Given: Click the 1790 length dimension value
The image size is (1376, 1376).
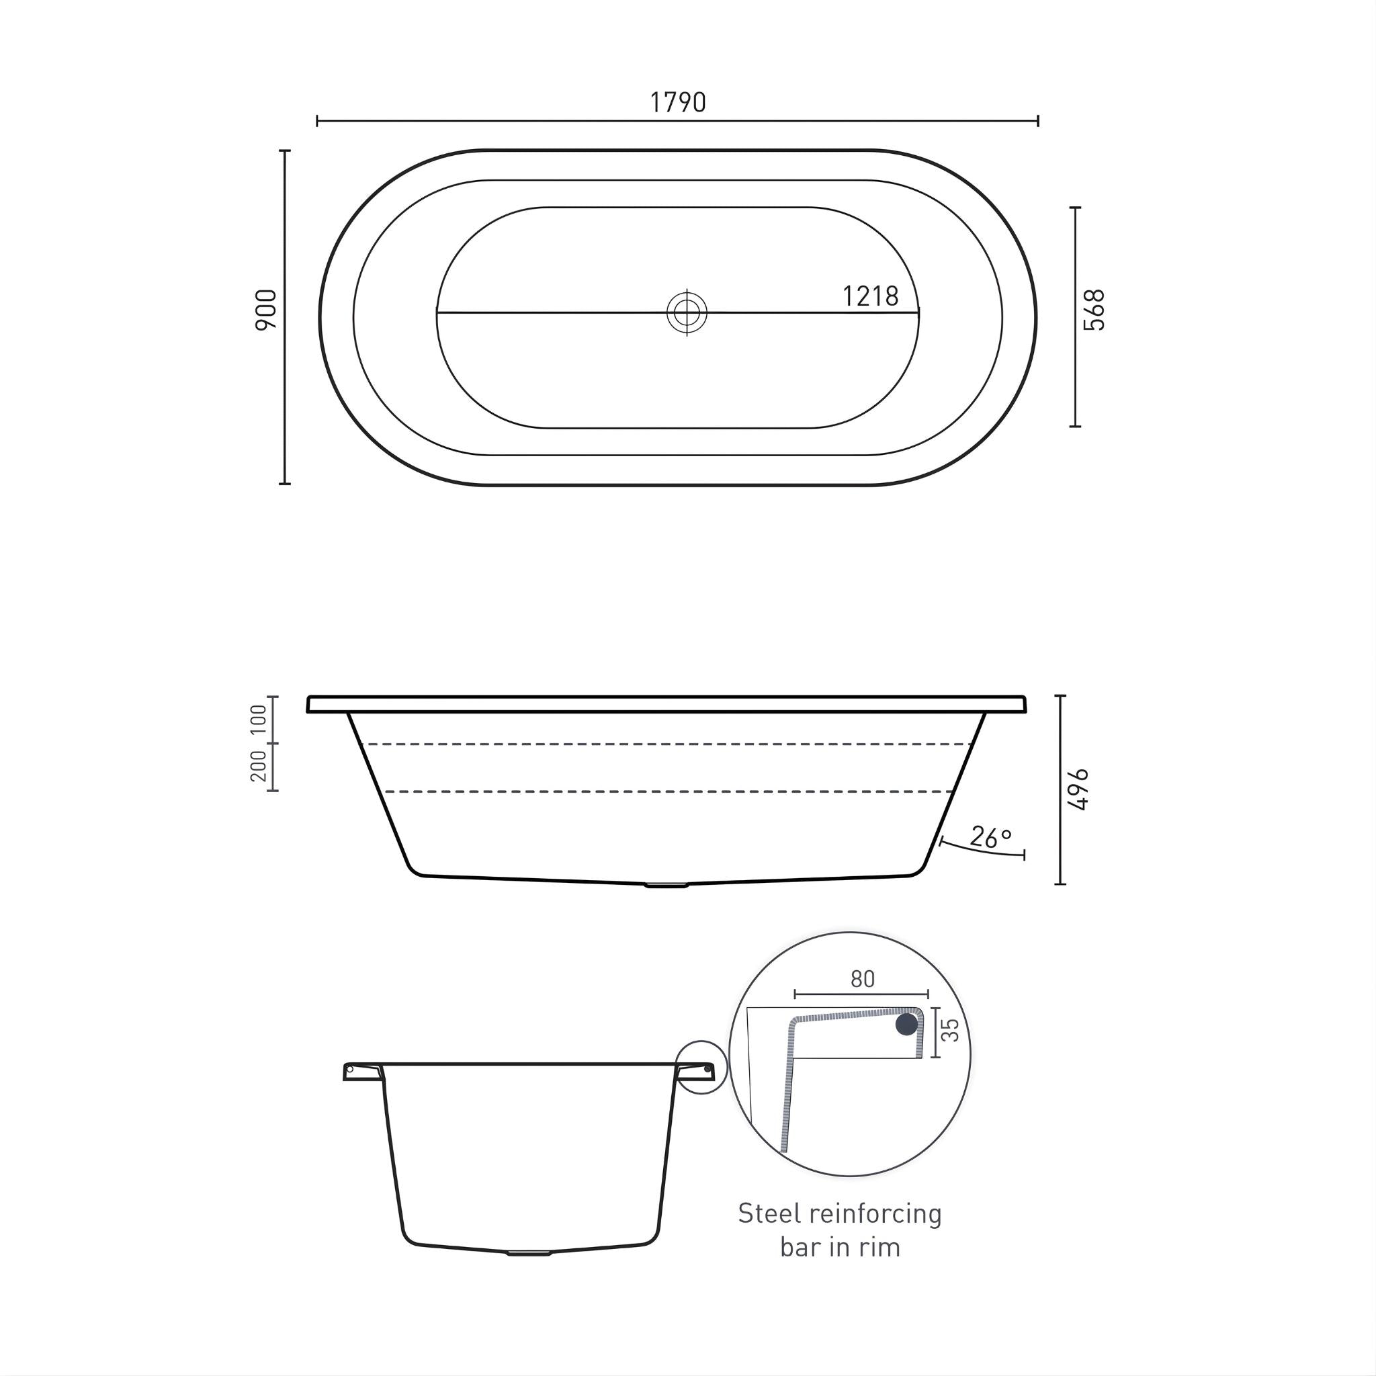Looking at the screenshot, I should (677, 103).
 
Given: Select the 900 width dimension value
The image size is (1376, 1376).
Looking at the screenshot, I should (265, 310).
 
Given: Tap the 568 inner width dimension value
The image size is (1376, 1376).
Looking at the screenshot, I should (1093, 310).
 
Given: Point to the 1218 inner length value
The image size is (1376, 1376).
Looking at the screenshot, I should (869, 296).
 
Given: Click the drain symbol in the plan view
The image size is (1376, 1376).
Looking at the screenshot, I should (687, 312).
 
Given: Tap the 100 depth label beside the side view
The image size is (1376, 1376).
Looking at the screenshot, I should (259, 720).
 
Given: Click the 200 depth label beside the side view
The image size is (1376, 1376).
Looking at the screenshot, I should (259, 767).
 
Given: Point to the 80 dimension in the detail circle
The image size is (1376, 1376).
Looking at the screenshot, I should (862, 980).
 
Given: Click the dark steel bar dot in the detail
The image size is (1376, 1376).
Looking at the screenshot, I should (906, 1024).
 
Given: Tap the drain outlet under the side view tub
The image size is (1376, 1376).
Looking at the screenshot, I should (666, 886).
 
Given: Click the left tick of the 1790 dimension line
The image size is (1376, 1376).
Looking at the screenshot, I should (317, 120).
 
